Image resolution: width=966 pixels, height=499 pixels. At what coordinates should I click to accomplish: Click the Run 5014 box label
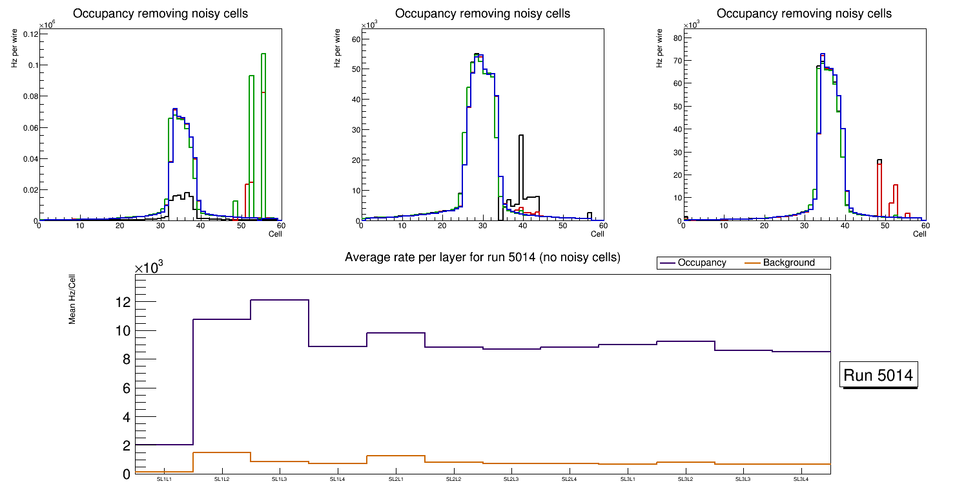[x=879, y=376]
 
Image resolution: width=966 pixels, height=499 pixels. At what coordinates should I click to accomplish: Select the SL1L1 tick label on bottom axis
[x=165, y=480]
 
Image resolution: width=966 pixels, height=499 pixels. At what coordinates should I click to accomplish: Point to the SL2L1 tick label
[x=396, y=480]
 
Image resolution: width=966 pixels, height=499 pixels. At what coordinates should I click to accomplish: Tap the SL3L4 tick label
[x=801, y=480]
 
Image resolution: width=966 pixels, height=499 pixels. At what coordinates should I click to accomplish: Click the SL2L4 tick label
[x=569, y=480]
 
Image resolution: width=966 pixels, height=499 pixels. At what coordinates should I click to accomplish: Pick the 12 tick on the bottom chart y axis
[x=123, y=302]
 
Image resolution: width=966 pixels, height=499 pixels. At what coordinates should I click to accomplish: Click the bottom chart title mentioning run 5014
[x=482, y=257]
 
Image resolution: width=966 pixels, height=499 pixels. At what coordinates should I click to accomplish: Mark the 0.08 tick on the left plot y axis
[x=28, y=96]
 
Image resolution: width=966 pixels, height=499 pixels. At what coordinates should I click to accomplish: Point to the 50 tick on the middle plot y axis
[x=355, y=69]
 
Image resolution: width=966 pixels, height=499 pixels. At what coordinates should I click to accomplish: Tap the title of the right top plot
[x=804, y=14]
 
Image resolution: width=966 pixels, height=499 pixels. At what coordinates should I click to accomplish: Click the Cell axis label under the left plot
[x=275, y=233]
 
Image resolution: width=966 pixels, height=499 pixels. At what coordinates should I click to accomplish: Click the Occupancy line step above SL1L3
[x=280, y=300]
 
